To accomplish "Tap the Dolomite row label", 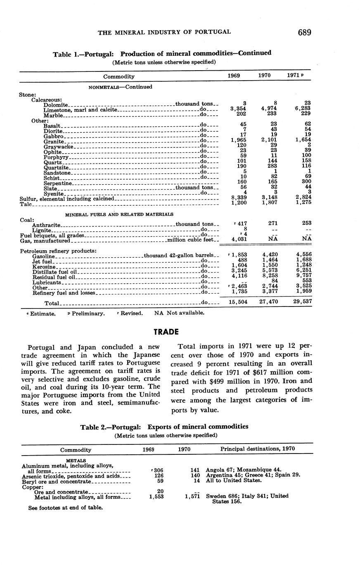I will pos(56,104).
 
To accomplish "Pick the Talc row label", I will pos(26,204).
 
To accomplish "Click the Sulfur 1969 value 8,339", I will pos(239,198).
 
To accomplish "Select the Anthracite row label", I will pos(46,225).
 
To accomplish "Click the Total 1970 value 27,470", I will pos(267,302).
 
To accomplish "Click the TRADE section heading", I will pos(166,332).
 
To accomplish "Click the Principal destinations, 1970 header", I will pos(258,449).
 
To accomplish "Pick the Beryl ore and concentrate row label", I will pos(56,481).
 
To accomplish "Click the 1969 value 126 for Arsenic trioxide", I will pos(158,476).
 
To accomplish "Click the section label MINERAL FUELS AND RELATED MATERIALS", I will pos(119,214).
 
